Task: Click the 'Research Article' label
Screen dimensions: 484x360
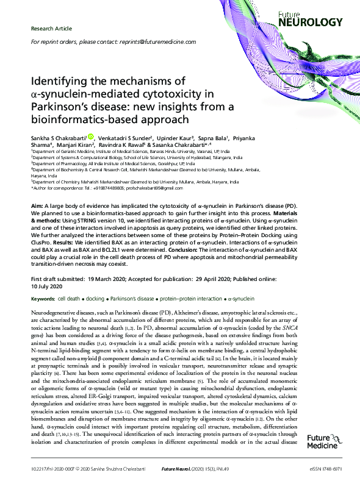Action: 51,29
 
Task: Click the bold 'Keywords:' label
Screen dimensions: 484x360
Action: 42,299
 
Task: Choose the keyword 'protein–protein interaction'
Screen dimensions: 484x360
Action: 192,299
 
